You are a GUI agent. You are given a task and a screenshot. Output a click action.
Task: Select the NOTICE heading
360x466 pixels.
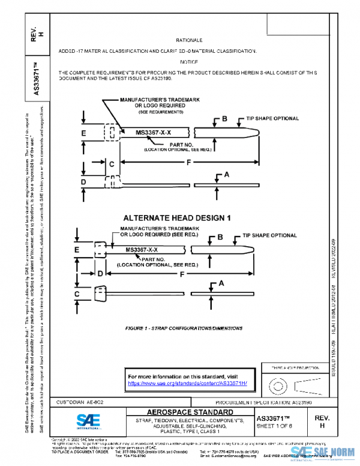[x=189, y=62]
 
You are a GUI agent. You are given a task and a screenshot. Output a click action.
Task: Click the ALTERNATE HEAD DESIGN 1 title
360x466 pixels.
[x=177, y=217]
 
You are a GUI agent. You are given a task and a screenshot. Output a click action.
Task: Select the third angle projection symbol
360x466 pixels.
[x=291, y=383]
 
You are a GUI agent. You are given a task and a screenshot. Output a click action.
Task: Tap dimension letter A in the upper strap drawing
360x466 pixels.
[x=226, y=175]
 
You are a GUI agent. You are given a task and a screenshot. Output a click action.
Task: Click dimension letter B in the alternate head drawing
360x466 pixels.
[x=220, y=238]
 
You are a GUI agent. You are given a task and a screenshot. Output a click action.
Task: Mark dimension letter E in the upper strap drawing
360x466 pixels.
[x=84, y=132]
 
